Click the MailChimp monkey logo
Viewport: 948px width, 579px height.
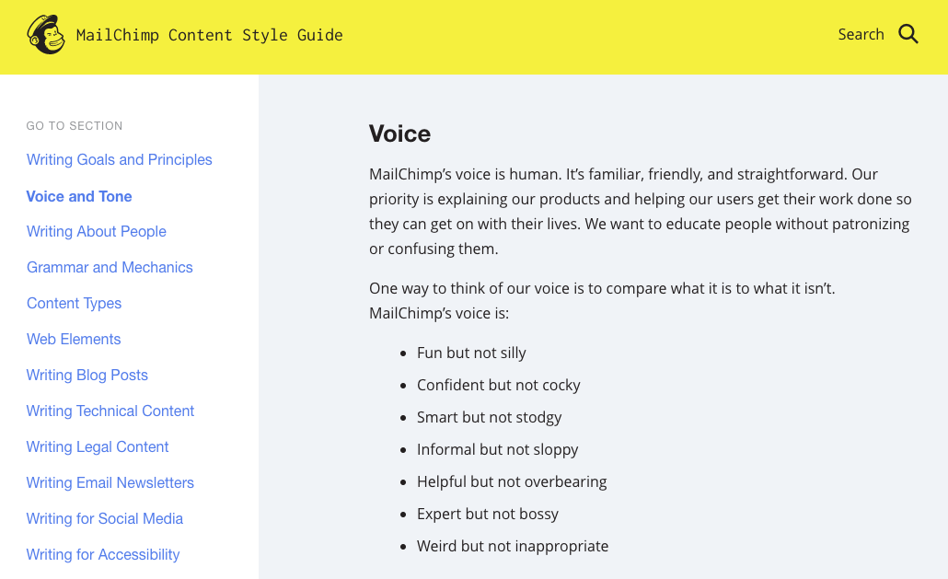coord(46,34)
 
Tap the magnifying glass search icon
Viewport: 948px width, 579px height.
coord(908,34)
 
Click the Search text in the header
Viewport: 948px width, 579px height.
coord(861,34)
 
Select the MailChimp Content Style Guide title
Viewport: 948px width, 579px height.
coord(209,35)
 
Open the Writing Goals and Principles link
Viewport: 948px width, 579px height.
coord(119,159)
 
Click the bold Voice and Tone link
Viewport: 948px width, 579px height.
coord(79,196)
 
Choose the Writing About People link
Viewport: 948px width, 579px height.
coord(96,231)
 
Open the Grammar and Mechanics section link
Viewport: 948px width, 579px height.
coord(110,267)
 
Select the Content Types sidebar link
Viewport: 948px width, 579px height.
coord(74,304)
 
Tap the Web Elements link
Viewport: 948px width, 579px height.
coord(74,339)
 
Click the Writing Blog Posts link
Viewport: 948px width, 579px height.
coord(87,376)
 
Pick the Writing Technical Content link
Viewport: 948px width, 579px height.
coord(110,411)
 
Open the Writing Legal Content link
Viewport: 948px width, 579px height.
coord(98,446)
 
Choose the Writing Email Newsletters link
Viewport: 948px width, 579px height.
coord(110,483)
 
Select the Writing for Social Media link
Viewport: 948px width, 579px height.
coord(105,518)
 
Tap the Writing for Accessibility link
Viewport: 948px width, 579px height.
coord(103,555)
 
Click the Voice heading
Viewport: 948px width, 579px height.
coord(399,133)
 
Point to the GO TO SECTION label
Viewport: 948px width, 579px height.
coord(75,126)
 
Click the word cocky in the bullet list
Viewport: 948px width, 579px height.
coord(561,385)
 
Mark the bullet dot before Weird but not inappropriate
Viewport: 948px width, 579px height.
coord(403,547)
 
